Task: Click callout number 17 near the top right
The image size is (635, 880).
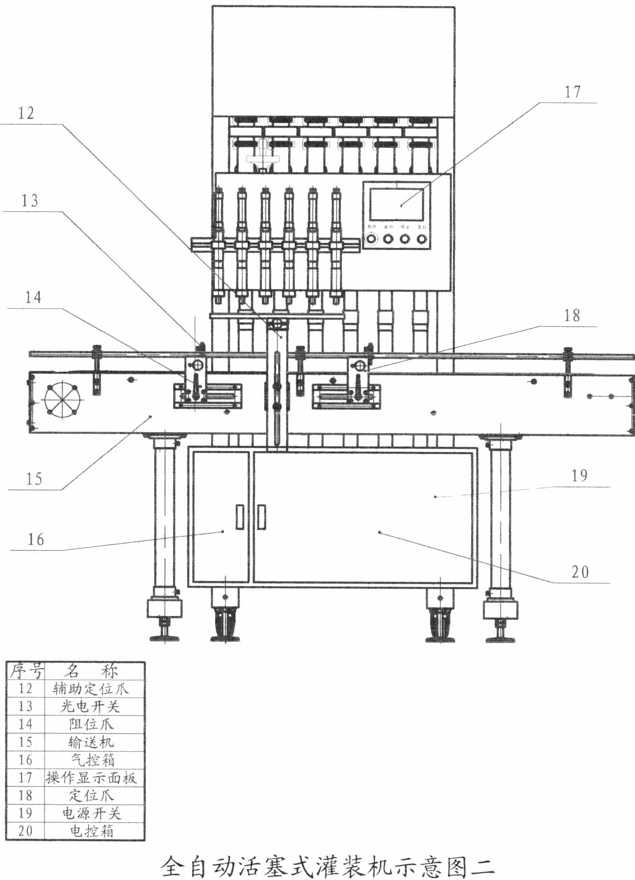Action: tap(572, 92)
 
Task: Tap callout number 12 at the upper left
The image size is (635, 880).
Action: tap(26, 113)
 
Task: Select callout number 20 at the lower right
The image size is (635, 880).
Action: tap(580, 572)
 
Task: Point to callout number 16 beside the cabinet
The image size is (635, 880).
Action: tap(36, 539)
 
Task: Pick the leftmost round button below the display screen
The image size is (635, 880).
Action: tap(371, 239)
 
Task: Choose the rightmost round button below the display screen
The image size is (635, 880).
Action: tap(421, 239)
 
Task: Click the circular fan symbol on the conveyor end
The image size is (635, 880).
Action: tap(62, 398)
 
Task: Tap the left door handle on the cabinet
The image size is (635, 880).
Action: tap(240, 517)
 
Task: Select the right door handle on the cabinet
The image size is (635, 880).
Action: tap(262, 517)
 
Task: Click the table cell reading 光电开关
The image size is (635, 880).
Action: tap(90, 706)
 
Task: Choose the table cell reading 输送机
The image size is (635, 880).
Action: tap(91, 742)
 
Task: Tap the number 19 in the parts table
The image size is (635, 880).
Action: tap(25, 813)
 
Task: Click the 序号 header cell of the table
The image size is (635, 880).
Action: tap(26, 670)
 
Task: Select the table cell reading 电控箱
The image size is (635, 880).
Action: tap(91, 831)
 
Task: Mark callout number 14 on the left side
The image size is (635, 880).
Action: tap(33, 297)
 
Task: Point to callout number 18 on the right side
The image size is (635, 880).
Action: tap(572, 315)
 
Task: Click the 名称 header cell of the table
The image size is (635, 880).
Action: tap(91, 670)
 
